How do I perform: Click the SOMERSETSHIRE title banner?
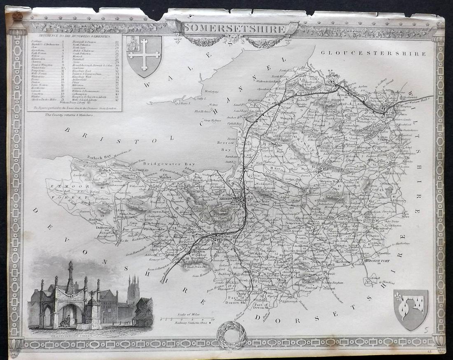tap(234, 29)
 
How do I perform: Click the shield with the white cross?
tap(144, 55)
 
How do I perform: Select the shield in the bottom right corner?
tap(411, 309)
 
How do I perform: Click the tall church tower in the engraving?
tap(133, 290)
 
